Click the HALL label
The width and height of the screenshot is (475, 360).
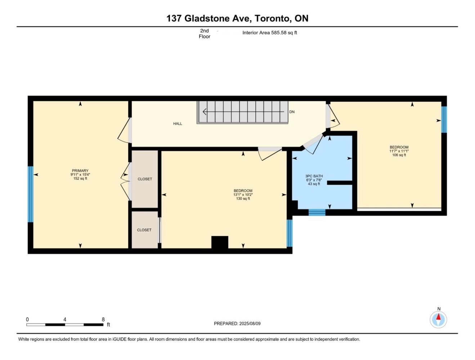178,123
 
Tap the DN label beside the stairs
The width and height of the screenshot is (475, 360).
292,112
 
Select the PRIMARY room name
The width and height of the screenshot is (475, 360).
80,171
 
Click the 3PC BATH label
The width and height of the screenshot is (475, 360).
314,176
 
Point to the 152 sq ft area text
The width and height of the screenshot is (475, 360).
80,179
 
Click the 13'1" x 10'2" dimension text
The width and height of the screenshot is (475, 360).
243,194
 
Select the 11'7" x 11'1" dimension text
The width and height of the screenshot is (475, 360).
399,151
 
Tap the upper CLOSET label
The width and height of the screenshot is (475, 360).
145,179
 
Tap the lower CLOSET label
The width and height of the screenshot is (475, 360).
144,230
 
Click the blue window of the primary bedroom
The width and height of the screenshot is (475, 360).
31,194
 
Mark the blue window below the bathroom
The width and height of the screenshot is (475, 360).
317,212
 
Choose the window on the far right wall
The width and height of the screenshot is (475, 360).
444,120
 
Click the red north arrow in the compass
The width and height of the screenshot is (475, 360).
438,317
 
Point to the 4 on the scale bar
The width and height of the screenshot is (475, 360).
65,319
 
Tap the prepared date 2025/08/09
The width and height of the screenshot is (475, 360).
250,323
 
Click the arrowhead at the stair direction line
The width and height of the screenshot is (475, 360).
204,112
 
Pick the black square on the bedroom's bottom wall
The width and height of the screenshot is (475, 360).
220,242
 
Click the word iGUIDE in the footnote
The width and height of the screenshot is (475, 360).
119,339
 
